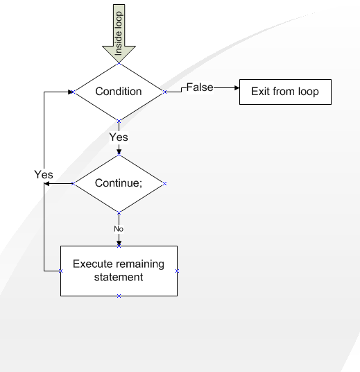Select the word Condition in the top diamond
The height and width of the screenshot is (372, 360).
point(119,92)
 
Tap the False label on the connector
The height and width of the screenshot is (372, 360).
point(200,87)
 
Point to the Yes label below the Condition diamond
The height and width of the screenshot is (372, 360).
point(119,137)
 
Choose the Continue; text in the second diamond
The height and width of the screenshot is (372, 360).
point(119,184)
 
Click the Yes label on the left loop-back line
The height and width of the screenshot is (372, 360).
point(44,175)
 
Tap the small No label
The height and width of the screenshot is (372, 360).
point(119,228)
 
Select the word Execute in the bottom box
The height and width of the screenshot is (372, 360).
point(92,264)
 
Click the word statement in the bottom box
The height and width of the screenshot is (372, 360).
point(119,277)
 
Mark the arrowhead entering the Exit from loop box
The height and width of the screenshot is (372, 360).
point(236,89)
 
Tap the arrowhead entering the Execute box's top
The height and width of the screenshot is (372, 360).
point(119,243)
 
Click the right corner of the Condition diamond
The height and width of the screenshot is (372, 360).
point(165,91)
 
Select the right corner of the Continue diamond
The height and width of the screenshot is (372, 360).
point(165,184)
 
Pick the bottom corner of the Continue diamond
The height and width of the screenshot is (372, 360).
point(119,212)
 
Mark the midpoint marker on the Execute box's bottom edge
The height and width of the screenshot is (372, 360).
point(119,296)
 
